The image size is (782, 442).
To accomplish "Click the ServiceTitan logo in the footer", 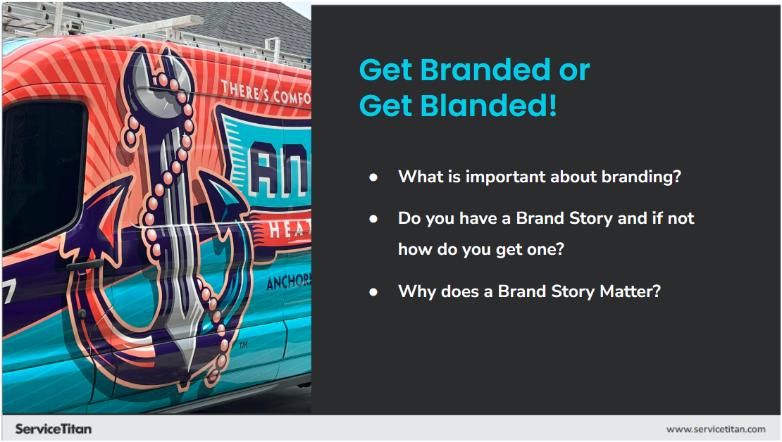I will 54,429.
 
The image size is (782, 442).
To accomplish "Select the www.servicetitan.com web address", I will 716,429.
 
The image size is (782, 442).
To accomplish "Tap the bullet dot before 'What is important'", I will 374,177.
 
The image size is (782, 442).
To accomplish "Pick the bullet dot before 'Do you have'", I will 374,219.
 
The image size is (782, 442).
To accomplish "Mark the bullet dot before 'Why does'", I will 374,291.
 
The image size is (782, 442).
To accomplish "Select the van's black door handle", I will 85,265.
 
